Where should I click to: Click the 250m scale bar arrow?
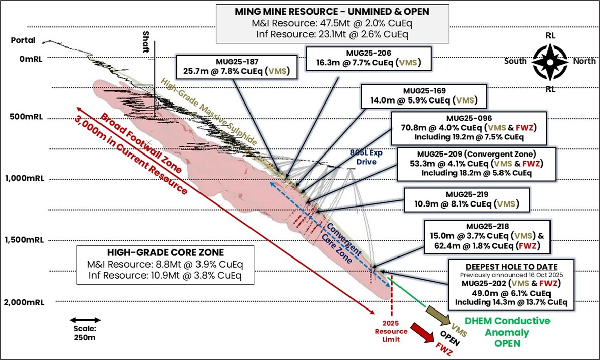click(83, 320)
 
